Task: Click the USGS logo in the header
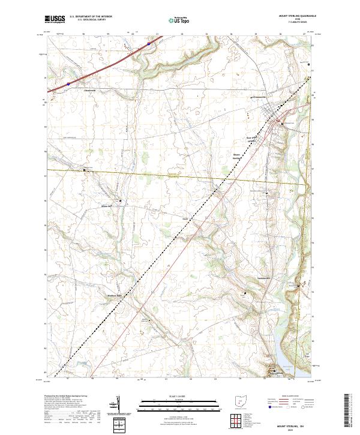coord(55,19)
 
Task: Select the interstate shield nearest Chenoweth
coord(68,84)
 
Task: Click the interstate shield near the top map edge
coord(149,43)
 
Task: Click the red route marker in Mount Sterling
coord(280,122)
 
